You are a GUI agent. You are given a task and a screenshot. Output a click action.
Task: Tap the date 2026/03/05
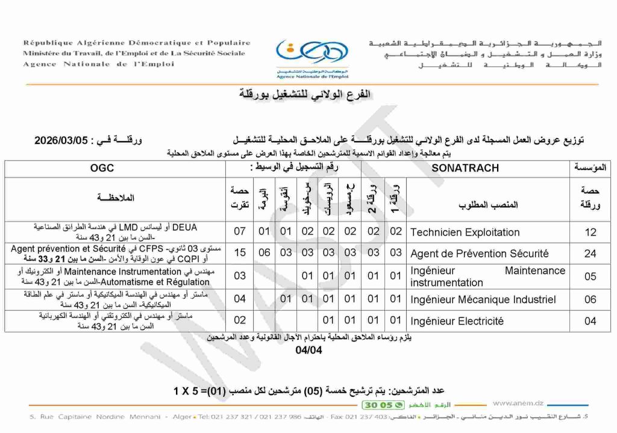tap(62, 140)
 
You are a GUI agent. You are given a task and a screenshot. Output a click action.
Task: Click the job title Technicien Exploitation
tap(465, 232)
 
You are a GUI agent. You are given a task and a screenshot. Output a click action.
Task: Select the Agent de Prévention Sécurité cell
tap(479, 253)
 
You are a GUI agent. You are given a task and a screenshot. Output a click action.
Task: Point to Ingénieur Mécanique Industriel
tap(483, 299)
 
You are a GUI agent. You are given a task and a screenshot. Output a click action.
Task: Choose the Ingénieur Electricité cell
tap(457, 321)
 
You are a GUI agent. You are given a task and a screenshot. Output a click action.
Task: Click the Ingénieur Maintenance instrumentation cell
tap(487, 276)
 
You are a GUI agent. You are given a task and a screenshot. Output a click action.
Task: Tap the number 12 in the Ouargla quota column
tap(590, 232)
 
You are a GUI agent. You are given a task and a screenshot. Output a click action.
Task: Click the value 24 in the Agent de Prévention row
tap(590, 254)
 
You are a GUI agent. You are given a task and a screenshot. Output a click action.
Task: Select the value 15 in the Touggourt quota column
tap(240, 253)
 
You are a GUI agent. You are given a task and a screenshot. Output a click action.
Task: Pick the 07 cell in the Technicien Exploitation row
tap(240, 231)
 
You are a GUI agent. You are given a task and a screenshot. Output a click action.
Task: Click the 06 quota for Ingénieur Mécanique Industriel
tap(590, 299)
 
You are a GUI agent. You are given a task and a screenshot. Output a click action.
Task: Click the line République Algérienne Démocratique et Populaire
tap(137, 43)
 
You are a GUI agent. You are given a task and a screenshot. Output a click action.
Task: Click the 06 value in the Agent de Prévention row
tap(264, 253)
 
